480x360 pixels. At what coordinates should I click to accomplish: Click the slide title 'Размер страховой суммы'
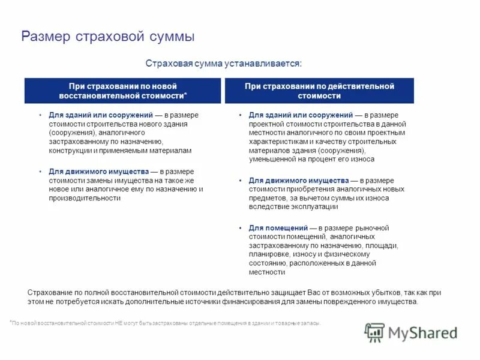tap(108, 37)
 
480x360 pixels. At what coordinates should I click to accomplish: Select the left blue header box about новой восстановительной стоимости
tap(122, 91)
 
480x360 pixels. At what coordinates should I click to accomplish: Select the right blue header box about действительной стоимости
tap(319, 91)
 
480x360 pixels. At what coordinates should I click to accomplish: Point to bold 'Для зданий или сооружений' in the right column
tap(301, 115)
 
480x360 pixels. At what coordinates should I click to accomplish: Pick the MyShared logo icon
tap(375, 332)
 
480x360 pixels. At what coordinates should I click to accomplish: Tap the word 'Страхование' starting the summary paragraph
tap(50, 292)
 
